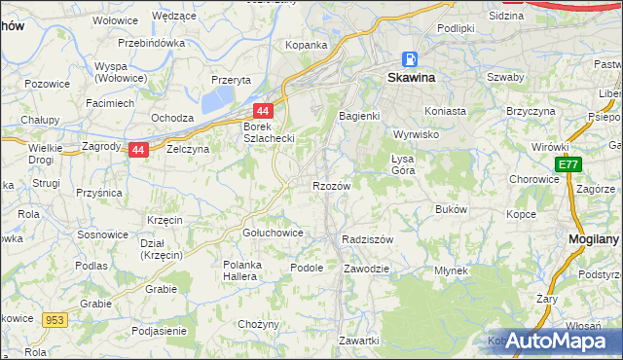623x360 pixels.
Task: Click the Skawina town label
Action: point(411,77)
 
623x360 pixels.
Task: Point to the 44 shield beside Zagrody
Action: point(138,150)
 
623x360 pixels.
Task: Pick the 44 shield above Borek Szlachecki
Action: point(263,112)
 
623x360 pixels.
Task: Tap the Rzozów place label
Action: point(331,185)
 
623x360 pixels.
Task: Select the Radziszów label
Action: point(368,238)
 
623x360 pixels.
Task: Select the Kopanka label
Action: point(306,45)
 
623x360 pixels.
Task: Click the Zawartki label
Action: point(358,341)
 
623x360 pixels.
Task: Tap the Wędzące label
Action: point(174,17)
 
